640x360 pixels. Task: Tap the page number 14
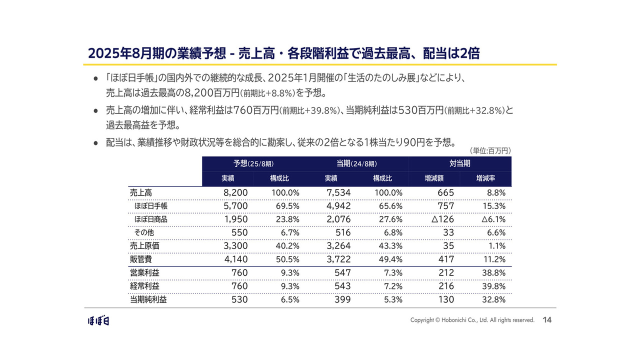547,320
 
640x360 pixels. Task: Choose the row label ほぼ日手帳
150,205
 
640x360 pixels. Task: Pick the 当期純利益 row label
148,299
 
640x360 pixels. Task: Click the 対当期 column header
460,163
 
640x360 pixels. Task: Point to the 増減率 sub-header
486,178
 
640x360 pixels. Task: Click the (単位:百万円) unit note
490,150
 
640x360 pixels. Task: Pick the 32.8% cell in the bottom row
493,299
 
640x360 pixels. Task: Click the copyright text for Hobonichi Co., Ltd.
472,320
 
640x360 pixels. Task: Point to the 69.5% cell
287,205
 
